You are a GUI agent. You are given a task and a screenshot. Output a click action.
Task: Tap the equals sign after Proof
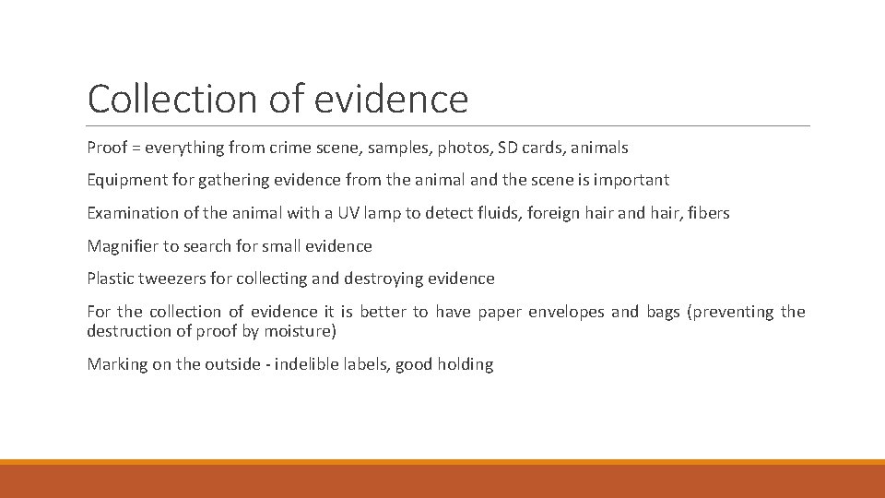pyautogui.click(x=136, y=148)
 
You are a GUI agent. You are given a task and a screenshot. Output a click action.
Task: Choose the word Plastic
pyautogui.click(x=111, y=279)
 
